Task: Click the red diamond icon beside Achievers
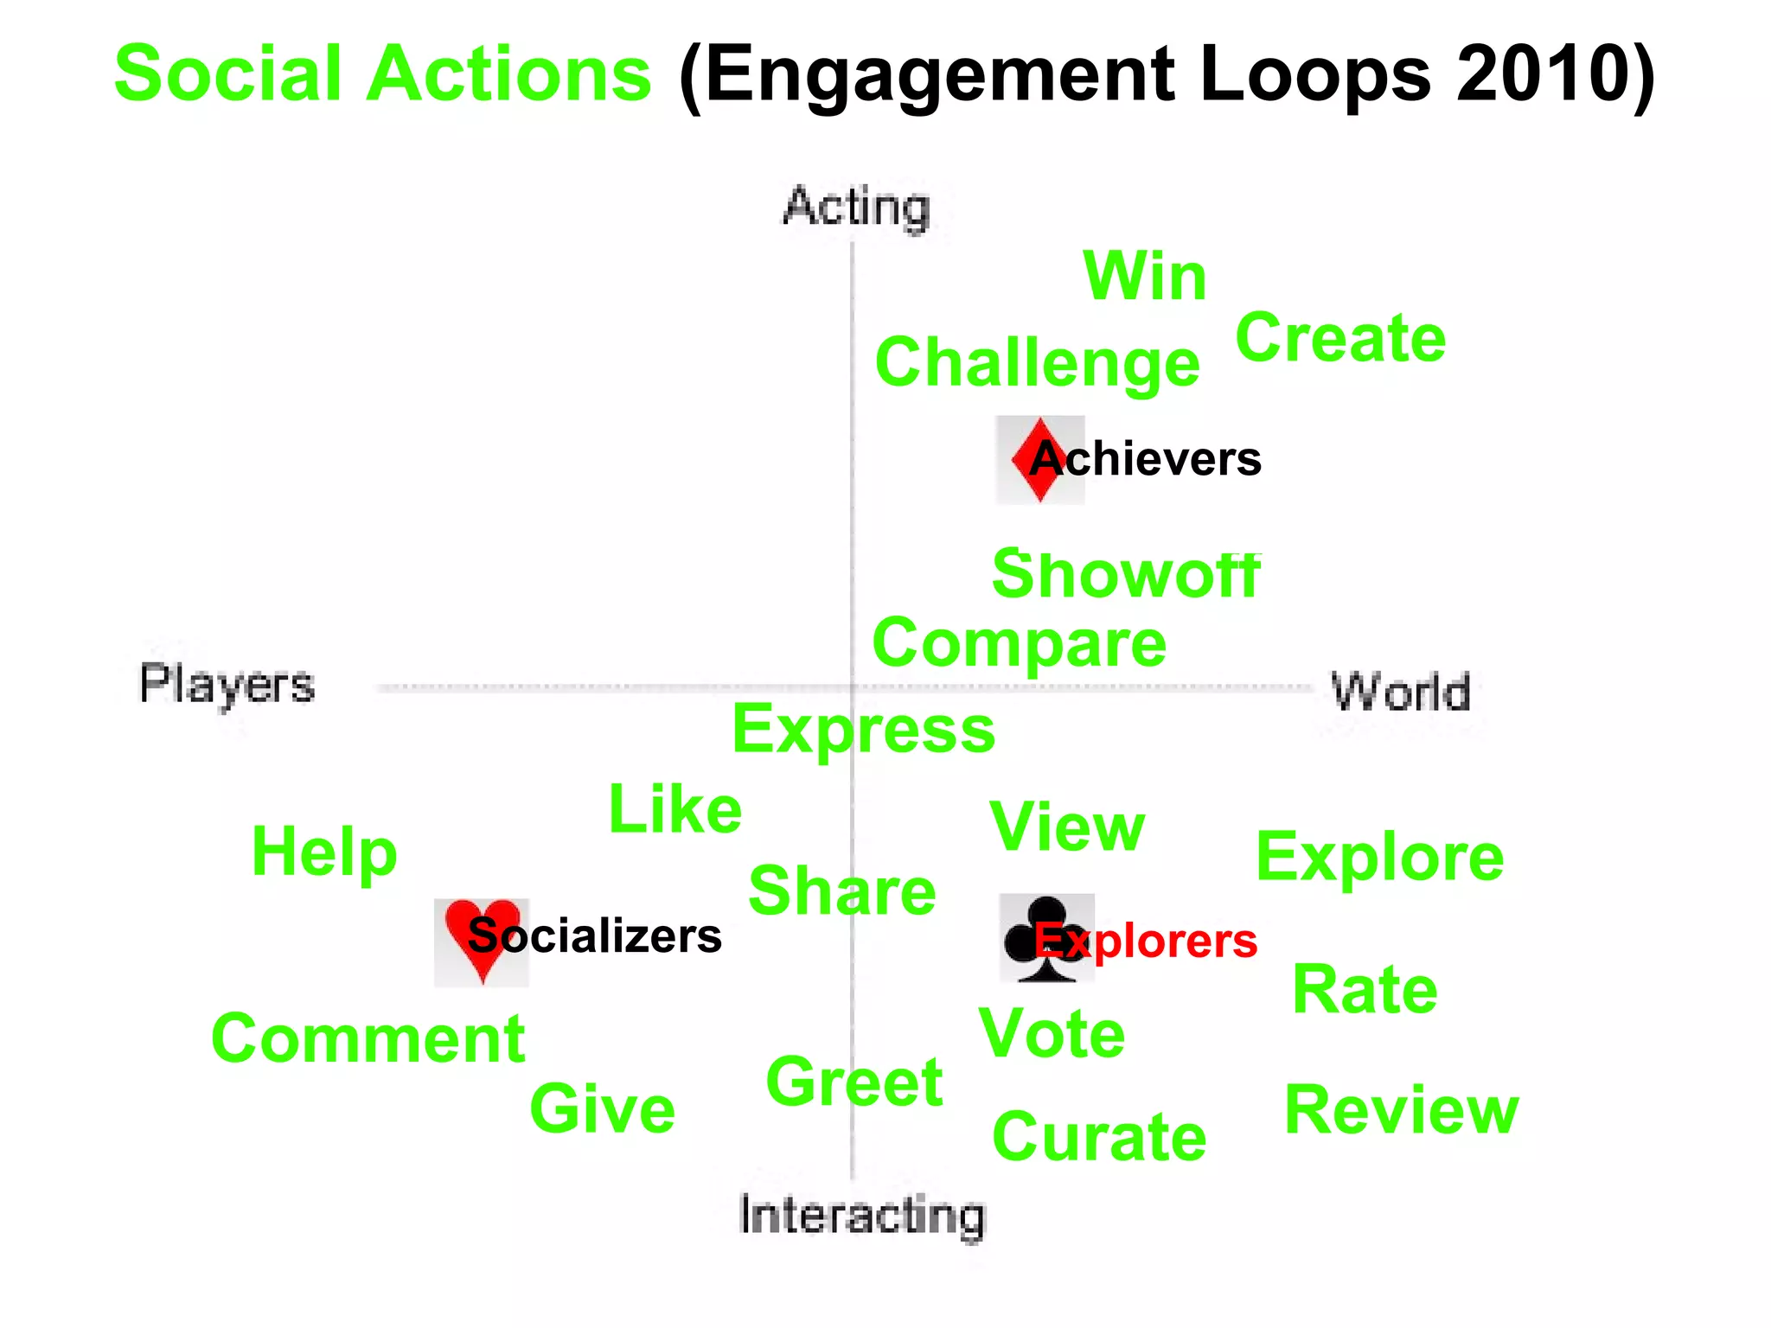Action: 1039,460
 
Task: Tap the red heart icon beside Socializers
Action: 482,939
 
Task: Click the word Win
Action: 1144,277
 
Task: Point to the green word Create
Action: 1340,338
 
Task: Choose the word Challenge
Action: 1037,363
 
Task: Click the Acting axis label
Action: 856,207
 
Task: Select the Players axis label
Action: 227,685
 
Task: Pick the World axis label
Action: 1400,692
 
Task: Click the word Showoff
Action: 1126,574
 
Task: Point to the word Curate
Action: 1099,1137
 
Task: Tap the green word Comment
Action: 368,1038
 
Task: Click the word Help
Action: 324,852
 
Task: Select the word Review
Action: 1401,1110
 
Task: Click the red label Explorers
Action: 1147,941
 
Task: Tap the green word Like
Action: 675,810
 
